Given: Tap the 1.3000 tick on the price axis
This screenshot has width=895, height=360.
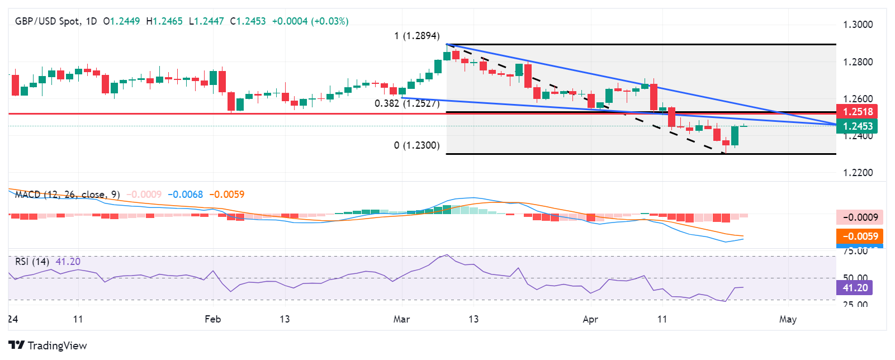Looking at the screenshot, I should click(x=858, y=25).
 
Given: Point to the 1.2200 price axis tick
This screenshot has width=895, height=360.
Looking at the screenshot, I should click(x=858, y=173).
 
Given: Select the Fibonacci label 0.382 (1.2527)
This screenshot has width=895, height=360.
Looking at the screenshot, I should click(x=407, y=103).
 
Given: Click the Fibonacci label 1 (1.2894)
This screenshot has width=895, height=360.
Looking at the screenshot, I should click(x=416, y=36).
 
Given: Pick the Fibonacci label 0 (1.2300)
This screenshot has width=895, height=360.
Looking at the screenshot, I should click(x=416, y=145).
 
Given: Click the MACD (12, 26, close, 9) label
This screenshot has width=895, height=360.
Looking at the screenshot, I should click(x=67, y=195).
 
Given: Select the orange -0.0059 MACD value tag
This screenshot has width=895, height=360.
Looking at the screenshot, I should click(x=859, y=236).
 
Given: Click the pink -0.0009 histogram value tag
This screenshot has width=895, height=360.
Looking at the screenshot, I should click(x=859, y=217).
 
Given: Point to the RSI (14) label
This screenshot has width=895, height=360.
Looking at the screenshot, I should click(x=31, y=262).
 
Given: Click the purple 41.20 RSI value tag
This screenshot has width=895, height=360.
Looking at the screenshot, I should click(x=855, y=288).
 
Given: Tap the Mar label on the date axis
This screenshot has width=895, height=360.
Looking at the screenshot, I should click(x=401, y=319).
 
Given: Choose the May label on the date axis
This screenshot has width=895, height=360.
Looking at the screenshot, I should click(x=788, y=319).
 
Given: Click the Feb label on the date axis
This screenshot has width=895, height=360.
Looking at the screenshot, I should click(x=212, y=319).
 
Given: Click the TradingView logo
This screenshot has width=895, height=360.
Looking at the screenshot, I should click(x=48, y=345).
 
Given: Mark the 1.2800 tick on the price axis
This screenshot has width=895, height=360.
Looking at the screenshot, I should click(x=858, y=62).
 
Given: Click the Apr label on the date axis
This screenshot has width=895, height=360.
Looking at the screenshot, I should click(x=590, y=319).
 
